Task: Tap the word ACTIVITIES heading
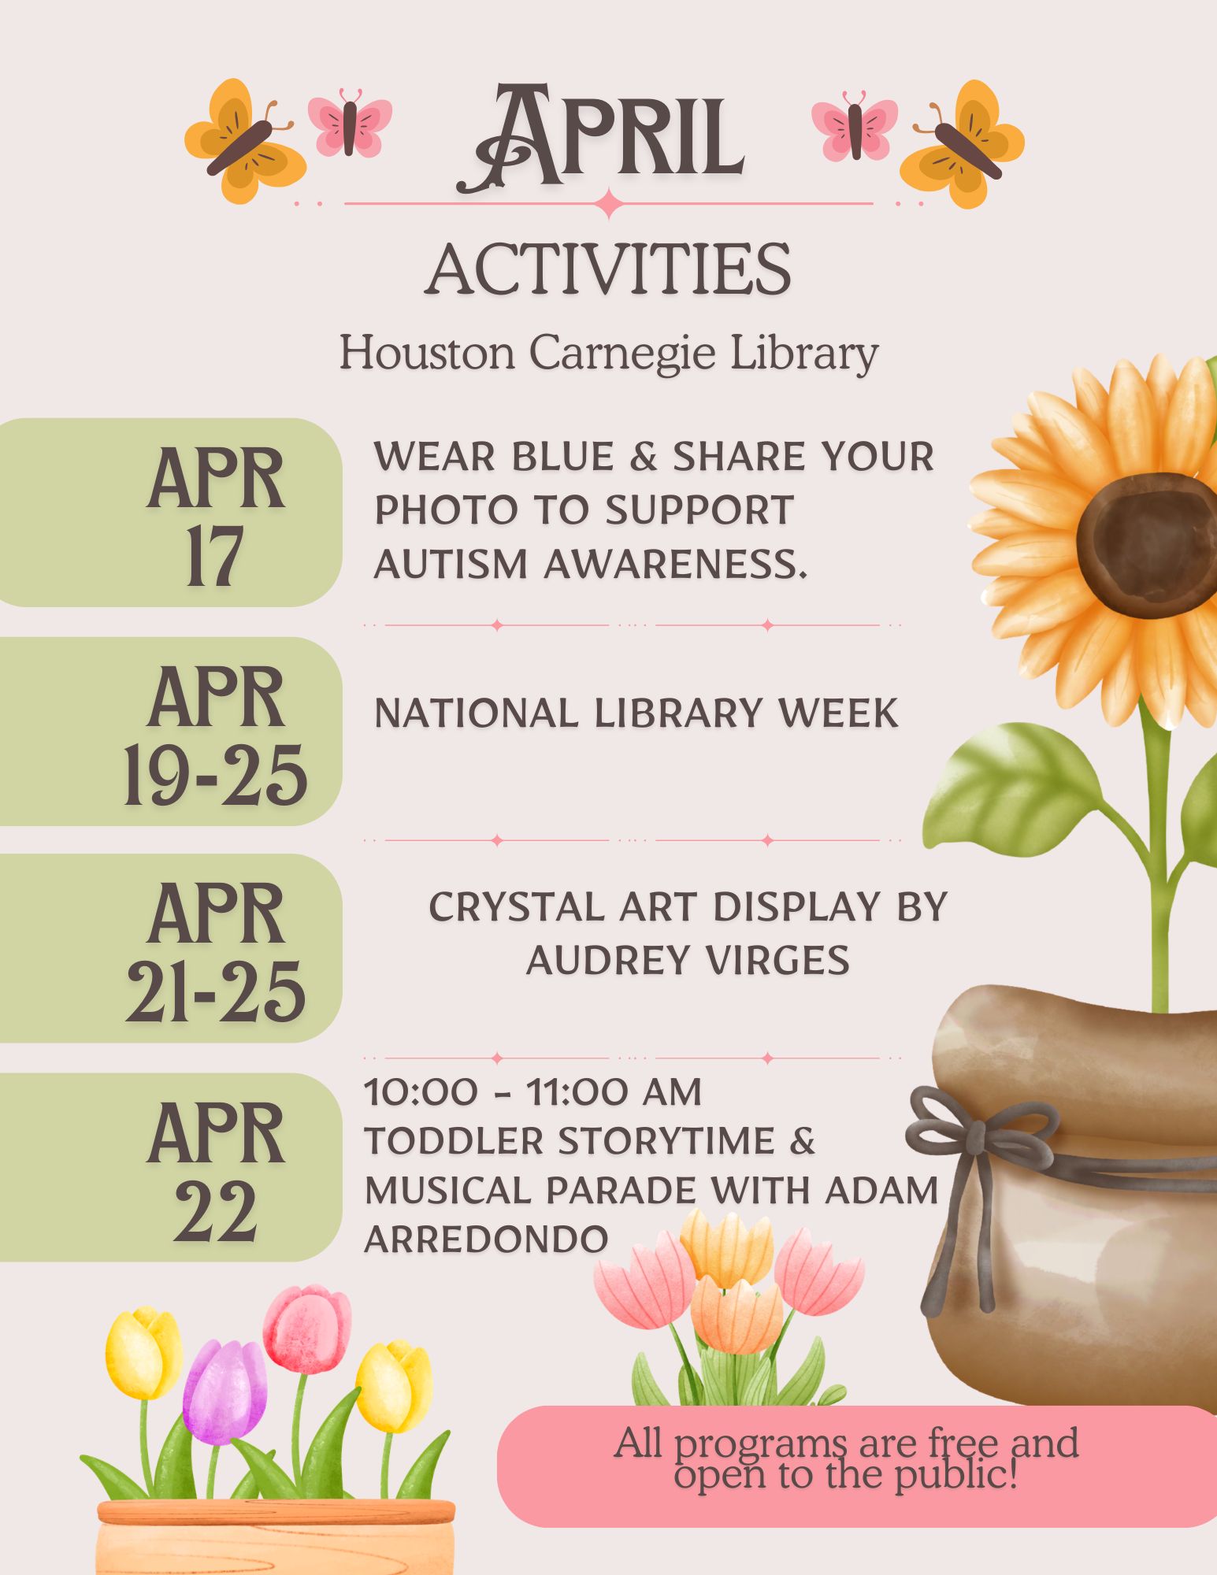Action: click(608, 269)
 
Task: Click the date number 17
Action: click(214, 558)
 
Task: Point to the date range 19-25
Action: click(215, 776)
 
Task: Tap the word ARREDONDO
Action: click(486, 1240)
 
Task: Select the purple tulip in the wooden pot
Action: click(224, 1392)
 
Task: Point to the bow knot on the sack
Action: click(977, 1138)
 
